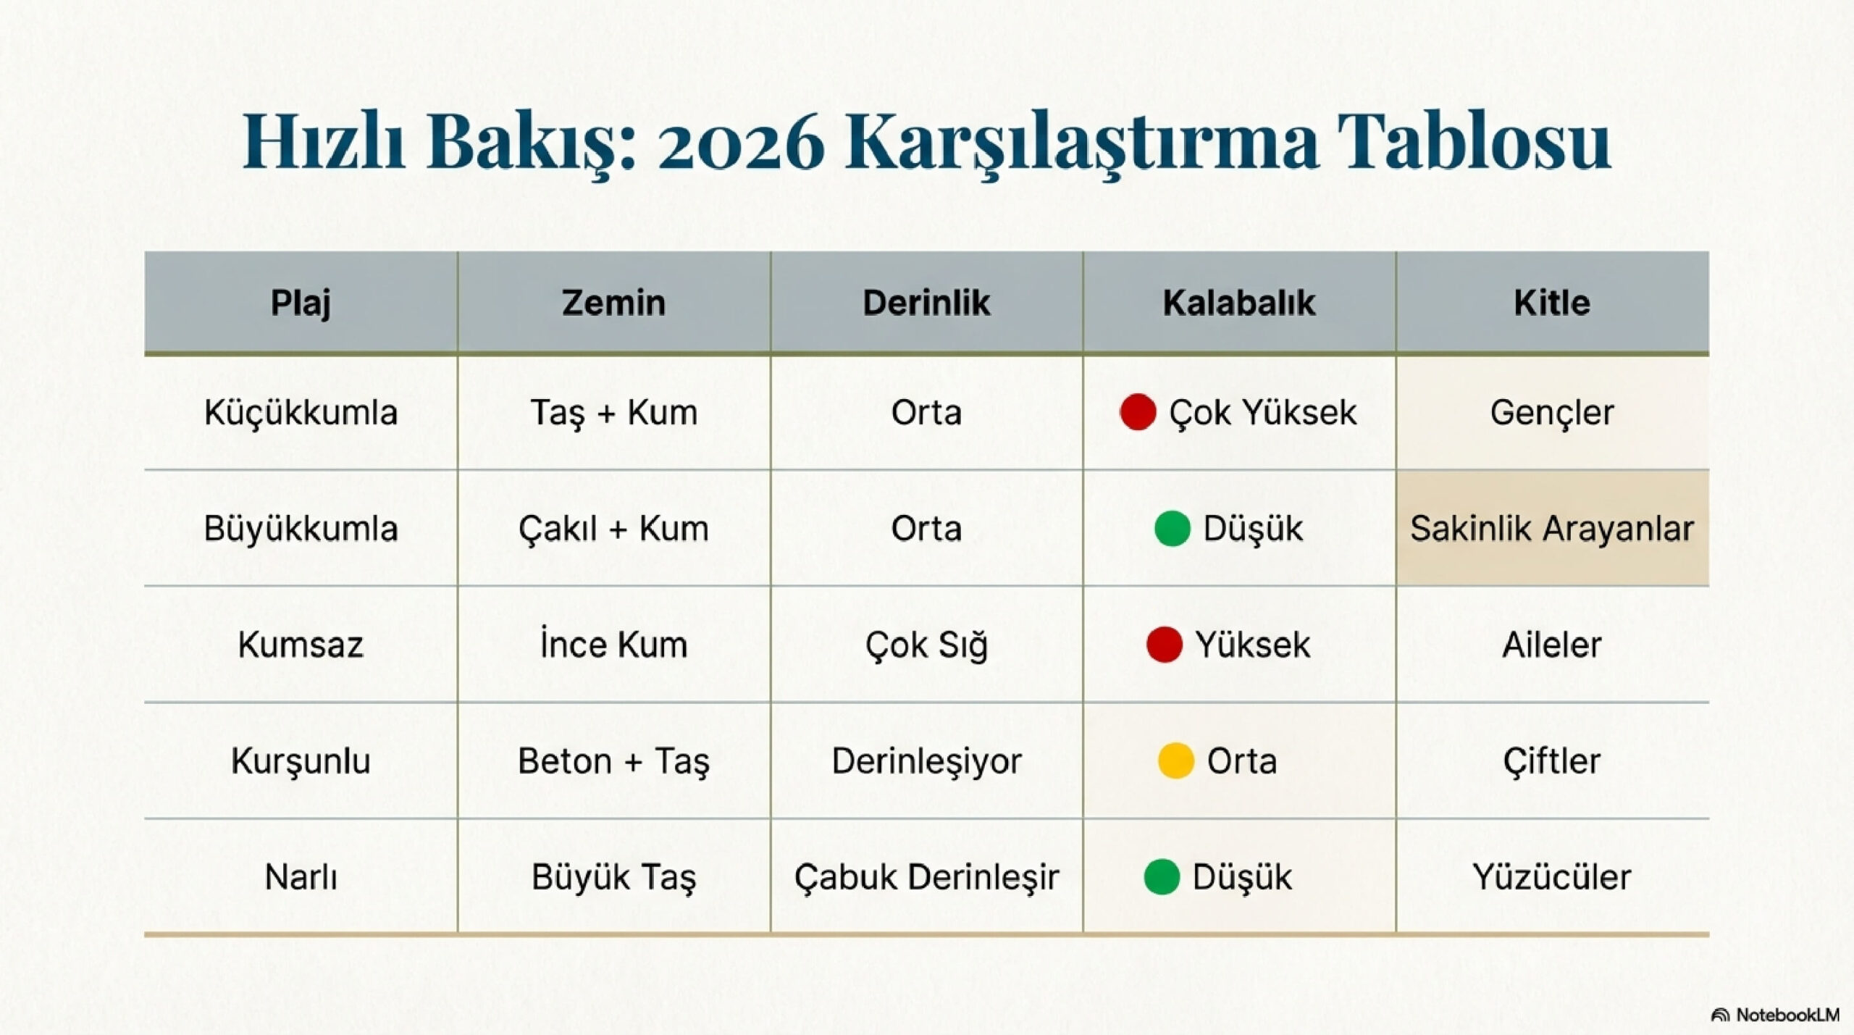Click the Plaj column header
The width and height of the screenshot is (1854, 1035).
(301, 303)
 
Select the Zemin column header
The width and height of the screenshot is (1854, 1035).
(613, 303)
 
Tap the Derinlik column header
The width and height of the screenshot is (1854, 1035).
(926, 303)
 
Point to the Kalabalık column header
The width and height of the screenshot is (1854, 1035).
(1239, 303)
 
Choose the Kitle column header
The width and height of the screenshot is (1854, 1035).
(1552, 303)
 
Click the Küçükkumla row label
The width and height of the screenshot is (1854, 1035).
(301, 413)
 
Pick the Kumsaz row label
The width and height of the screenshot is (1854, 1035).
(301, 645)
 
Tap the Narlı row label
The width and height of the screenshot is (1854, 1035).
(301, 877)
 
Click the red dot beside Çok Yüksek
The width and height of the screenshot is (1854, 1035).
(1138, 412)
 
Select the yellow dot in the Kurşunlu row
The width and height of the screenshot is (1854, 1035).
(1175, 760)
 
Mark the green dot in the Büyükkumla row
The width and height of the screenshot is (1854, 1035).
(1173, 528)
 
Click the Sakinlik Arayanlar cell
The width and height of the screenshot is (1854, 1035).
(1552, 529)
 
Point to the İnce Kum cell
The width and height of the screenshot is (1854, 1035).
(613, 645)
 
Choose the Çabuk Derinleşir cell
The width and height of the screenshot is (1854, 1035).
(926, 877)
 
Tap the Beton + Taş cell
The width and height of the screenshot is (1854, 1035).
(613, 761)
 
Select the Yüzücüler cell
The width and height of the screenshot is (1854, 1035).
(1552, 877)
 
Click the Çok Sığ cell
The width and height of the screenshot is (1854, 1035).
(926, 645)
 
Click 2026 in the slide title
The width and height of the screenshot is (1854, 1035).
(741, 143)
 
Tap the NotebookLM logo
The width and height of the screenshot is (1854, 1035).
(1775, 1015)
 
